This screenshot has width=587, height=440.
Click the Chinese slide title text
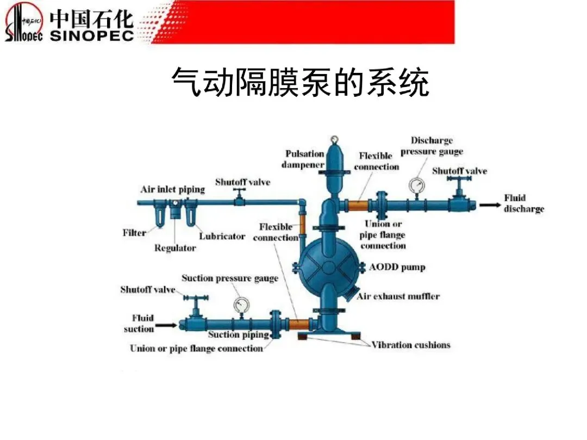coord(300,82)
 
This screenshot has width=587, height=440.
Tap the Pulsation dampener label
coord(304,159)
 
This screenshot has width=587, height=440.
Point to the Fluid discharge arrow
coord(490,205)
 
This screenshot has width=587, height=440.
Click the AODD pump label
coord(397,267)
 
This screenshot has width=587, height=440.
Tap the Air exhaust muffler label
coord(398,296)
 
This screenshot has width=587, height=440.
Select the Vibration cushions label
coord(411,345)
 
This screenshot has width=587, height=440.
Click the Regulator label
coord(175,248)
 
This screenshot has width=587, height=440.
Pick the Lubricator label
coord(222,237)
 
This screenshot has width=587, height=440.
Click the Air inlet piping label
coord(172,190)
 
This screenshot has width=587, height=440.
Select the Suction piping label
coord(239,335)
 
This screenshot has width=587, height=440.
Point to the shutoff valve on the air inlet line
coord(238,198)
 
